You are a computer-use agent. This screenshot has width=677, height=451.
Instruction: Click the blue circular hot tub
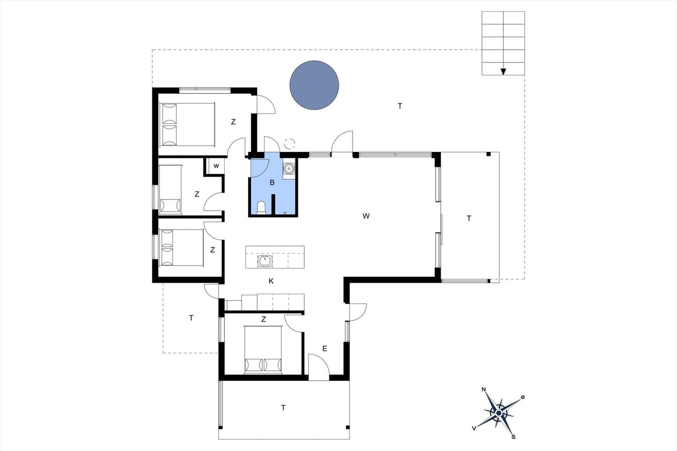point(314,85)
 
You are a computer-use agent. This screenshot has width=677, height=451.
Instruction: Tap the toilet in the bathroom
point(261,208)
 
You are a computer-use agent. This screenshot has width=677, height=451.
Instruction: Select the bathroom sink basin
point(289,168)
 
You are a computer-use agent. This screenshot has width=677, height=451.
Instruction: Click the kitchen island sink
point(265,261)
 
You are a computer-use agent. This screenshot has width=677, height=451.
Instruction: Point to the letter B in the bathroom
point(272,183)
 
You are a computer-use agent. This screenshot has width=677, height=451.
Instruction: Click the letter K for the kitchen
point(271,281)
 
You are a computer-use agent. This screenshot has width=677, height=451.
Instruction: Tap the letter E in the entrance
point(325,349)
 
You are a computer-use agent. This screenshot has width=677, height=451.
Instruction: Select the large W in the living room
point(366,216)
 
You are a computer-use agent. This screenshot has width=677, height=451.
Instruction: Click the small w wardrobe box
point(216,166)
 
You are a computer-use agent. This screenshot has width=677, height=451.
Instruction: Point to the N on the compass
point(484,389)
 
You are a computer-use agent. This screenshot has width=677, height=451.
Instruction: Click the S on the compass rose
point(513,437)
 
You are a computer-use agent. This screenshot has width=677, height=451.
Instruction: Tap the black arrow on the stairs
point(503,71)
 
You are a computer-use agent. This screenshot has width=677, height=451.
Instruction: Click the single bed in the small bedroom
point(170,190)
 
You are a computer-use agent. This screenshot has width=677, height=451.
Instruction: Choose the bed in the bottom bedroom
point(263,350)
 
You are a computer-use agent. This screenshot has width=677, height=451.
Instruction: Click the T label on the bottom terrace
point(283,408)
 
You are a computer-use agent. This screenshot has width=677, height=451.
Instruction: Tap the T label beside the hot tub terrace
point(400,106)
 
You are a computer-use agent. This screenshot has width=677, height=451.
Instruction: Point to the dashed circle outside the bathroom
point(289,144)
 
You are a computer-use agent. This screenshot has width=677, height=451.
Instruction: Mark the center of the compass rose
point(499,412)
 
